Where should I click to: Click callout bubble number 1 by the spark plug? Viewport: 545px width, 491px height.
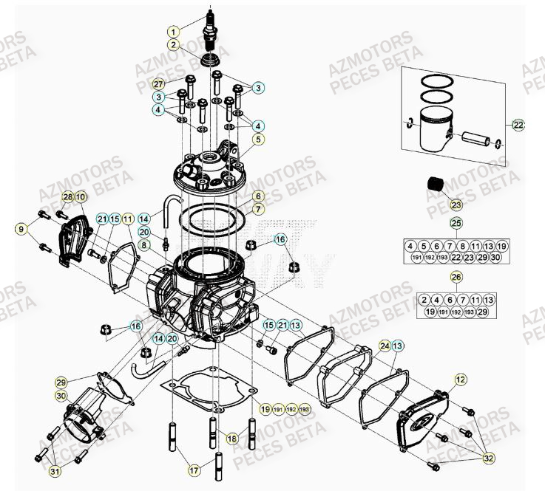(x=173, y=32)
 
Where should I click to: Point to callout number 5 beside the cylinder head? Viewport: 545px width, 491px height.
(x=258, y=138)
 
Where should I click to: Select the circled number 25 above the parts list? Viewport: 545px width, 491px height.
(x=456, y=223)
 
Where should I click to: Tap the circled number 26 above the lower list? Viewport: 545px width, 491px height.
(x=456, y=277)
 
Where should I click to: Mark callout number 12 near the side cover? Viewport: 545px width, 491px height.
(x=460, y=380)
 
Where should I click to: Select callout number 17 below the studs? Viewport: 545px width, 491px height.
(x=194, y=469)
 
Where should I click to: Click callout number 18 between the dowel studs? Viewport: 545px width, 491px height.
(x=232, y=439)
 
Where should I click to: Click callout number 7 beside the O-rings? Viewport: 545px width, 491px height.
(x=258, y=210)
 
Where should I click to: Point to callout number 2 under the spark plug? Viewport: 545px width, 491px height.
(x=173, y=44)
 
